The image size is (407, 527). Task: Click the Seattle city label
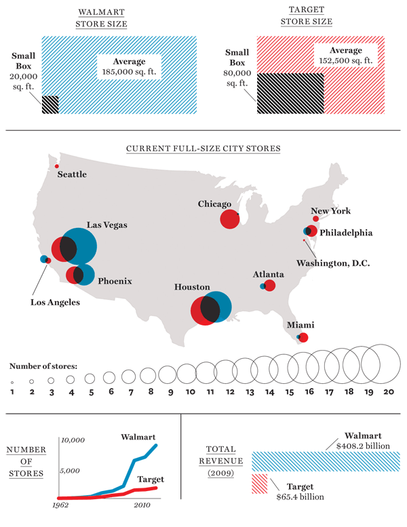click(72, 174)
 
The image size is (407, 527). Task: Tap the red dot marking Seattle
click(57, 166)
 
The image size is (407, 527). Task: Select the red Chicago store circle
click(229, 219)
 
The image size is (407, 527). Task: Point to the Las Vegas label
click(107, 225)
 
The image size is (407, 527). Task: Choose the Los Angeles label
click(54, 302)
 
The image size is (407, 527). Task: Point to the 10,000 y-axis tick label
click(73, 440)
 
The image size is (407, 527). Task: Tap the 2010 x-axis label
click(142, 505)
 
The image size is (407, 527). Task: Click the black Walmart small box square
click(50, 104)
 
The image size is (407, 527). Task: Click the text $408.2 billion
click(364, 446)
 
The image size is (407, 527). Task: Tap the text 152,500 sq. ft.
click(345, 60)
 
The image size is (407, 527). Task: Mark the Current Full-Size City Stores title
click(203, 148)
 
